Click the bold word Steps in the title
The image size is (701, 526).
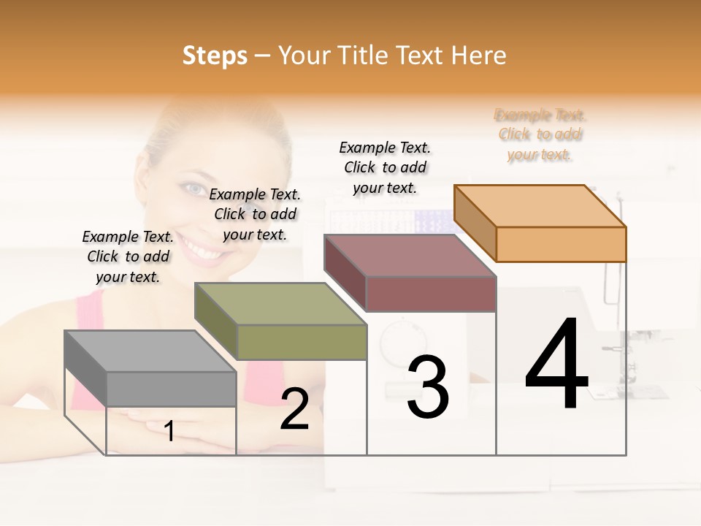(214, 56)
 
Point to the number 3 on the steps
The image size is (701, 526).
(427, 386)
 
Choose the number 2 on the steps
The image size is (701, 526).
(294, 409)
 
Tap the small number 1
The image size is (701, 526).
(169, 431)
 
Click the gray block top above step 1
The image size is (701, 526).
(150, 351)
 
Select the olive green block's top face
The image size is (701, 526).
(280, 303)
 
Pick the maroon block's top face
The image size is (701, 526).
(409, 256)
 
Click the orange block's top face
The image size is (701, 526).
(539, 205)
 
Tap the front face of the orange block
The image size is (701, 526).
(561, 244)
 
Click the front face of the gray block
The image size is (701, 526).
(172, 389)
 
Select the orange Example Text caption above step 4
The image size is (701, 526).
(540, 134)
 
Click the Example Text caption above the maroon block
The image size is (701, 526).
(385, 167)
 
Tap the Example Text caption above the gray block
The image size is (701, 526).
(128, 256)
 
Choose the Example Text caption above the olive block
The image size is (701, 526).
(255, 214)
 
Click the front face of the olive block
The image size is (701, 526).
(302, 342)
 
